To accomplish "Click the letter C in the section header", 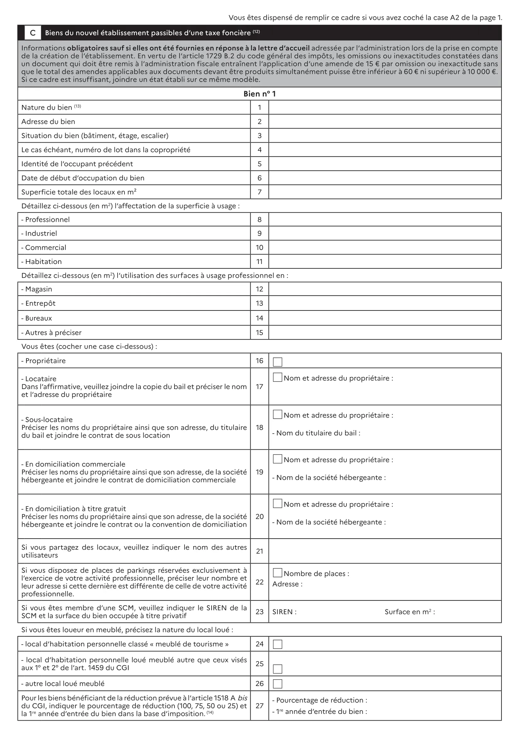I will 33,33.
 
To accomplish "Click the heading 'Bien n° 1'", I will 259,94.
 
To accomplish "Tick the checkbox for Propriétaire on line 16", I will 277,362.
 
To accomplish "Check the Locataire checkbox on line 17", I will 277,377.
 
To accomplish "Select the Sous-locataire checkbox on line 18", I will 277,414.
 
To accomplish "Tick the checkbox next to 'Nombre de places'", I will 277,573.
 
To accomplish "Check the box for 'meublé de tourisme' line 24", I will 277,644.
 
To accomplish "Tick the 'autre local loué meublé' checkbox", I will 277,684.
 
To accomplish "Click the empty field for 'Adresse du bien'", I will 384,122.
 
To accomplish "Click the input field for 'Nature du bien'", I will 384,107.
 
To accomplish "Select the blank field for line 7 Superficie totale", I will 384,192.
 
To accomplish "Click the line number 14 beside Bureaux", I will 259,318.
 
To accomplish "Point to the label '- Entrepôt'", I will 38,304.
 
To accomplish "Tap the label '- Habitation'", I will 41,261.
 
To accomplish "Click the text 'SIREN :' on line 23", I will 284,612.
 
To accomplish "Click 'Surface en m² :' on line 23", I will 410,612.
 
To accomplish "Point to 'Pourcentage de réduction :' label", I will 319,700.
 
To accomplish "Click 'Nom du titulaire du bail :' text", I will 316,433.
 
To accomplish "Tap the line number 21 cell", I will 259,551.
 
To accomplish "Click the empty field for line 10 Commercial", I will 384,247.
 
